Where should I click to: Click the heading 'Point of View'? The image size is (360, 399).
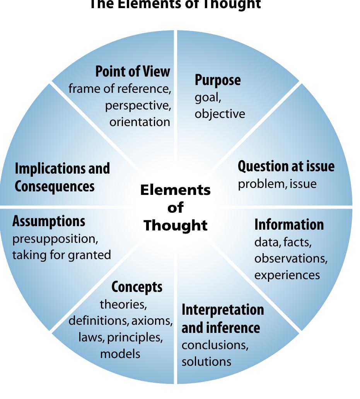pyautogui.click(x=132, y=72)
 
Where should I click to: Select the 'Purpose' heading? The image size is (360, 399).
pyautogui.click(x=217, y=80)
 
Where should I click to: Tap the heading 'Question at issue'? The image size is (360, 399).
pyautogui.click(x=286, y=166)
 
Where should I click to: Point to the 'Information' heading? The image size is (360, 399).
pyautogui.click(x=289, y=225)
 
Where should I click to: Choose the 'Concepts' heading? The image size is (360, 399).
pyautogui.click(x=136, y=287)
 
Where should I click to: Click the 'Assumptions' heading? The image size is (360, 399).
pyautogui.click(x=49, y=221)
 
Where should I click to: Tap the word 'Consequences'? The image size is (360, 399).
pyautogui.click(x=55, y=186)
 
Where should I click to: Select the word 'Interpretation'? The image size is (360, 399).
pyautogui.click(x=223, y=310)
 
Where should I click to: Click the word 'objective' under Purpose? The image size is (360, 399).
pyautogui.click(x=220, y=114)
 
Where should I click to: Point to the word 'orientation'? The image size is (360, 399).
pyautogui.click(x=140, y=122)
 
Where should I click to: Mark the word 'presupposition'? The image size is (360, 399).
pyautogui.click(x=55, y=239)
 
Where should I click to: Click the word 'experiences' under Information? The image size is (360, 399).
pyautogui.click(x=287, y=275)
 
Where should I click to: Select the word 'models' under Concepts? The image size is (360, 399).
pyautogui.click(x=120, y=354)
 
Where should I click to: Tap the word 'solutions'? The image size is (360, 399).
pyautogui.click(x=206, y=361)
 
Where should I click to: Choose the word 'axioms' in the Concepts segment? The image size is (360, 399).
pyautogui.click(x=152, y=321)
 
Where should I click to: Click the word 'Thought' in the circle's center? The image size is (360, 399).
pyautogui.click(x=176, y=225)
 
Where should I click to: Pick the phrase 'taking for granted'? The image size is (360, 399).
pyautogui.click(x=61, y=255)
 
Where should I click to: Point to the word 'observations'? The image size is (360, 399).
pyautogui.click(x=291, y=258)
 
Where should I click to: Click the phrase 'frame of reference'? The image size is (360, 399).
pyautogui.click(x=119, y=89)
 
